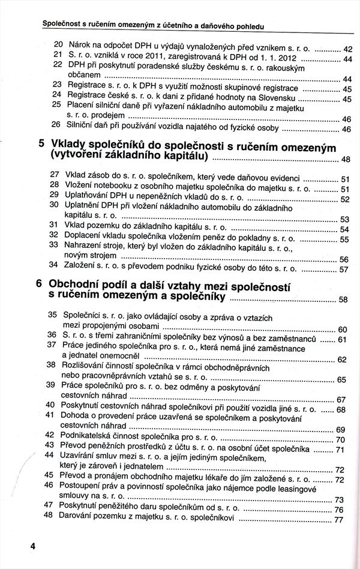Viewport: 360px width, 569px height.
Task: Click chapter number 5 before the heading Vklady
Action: (x=41, y=144)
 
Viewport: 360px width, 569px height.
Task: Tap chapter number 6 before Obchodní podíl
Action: (x=39, y=283)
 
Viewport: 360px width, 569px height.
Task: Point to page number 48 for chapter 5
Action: (x=345, y=160)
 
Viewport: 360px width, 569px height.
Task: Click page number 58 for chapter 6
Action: (x=343, y=299)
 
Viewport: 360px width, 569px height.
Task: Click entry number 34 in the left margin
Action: (x=53, y=265)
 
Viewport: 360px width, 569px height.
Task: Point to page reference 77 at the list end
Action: (x=338, y=520)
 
